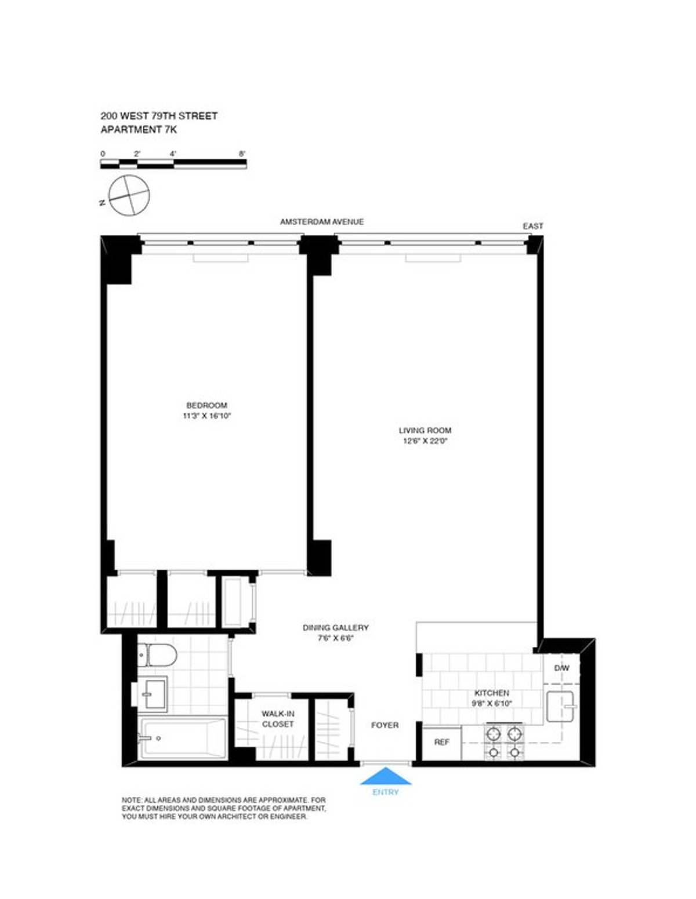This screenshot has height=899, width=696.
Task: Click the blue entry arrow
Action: pyautogui.click(x=386, y=776)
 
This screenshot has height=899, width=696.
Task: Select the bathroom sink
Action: pyautogui.click(x=154, y=693)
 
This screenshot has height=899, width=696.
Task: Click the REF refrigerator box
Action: pyautogui.click(x=441, y=742)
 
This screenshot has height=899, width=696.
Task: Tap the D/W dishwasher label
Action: pyautogui.click(x=561, y=668)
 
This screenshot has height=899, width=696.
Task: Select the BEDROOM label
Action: pyautogui.click(x=206, y=405)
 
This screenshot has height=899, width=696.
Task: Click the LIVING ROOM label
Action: pyautogui.click(x=425, y=430)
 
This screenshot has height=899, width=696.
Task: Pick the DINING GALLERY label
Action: pyautogui.click(x=335, y=628)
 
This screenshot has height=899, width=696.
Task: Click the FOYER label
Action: pyautogui.click(x=385, y=725)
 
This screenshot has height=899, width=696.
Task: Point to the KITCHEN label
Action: pyautogui.click(x=492, y=693)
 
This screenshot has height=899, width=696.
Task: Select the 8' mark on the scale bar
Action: pyautogui.click(x=242, y=154)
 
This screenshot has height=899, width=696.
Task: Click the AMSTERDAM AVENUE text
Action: pyautogui.click(x=322, y=221)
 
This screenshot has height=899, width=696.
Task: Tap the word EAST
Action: pyautogui.click(x=533, y=226)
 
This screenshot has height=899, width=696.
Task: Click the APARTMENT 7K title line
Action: pyautogui.click(x=139, y=129)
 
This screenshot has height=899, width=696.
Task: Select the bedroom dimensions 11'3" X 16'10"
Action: pyautogui.click(x=206, y=416)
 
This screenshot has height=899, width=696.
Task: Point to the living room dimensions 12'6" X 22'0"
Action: pyautogui.click(x=425, y=441)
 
